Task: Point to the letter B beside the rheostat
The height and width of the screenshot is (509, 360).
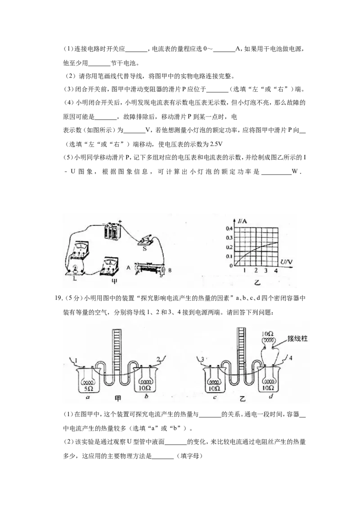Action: pyautogui.click(x=170, y=270)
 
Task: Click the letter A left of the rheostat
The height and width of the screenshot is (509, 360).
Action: pyautogui.click(x=128, y=268)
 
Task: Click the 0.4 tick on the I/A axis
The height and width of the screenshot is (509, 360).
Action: pyautogui.click(x=229, y=228)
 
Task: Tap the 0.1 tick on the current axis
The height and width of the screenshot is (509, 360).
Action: pyautogui.click(x=229, y=256)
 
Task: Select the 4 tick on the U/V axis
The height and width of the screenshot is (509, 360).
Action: pyautogui.click(x=275, y=270)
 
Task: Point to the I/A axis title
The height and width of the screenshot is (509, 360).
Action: pyautogui.click(x=242, y=221)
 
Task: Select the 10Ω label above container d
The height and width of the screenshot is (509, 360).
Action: pyautogui.click(x=268, y=333)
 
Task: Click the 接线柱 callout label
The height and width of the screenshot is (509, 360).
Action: pyautogui.click(x=297, y=339)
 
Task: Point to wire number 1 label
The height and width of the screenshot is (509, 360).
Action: pyautogui.click(x=76, y=360)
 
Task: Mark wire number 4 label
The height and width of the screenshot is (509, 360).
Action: pyautogui.click(x=290, y=358)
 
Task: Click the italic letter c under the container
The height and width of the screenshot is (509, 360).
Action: pyautogui.click(x=215, y=397)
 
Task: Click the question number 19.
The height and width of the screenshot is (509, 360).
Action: pyautogui.click(x=58, y=298)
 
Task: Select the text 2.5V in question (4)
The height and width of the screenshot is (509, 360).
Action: pyautogui.click(x=216, y=144)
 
